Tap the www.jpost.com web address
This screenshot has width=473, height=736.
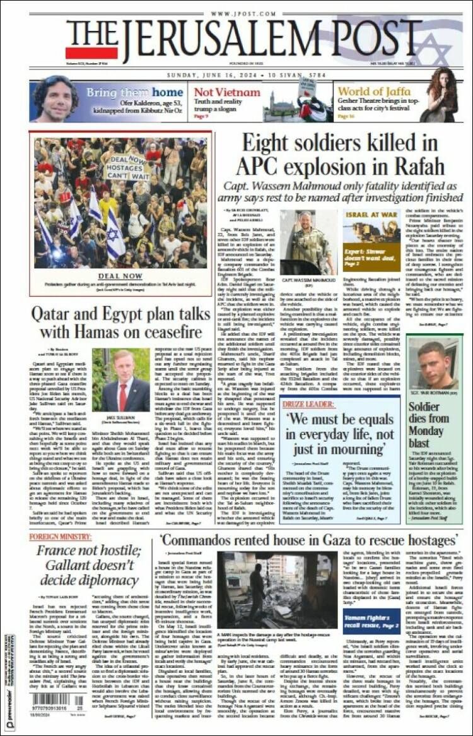coord(236,13)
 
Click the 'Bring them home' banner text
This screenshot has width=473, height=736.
coord(134,92)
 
